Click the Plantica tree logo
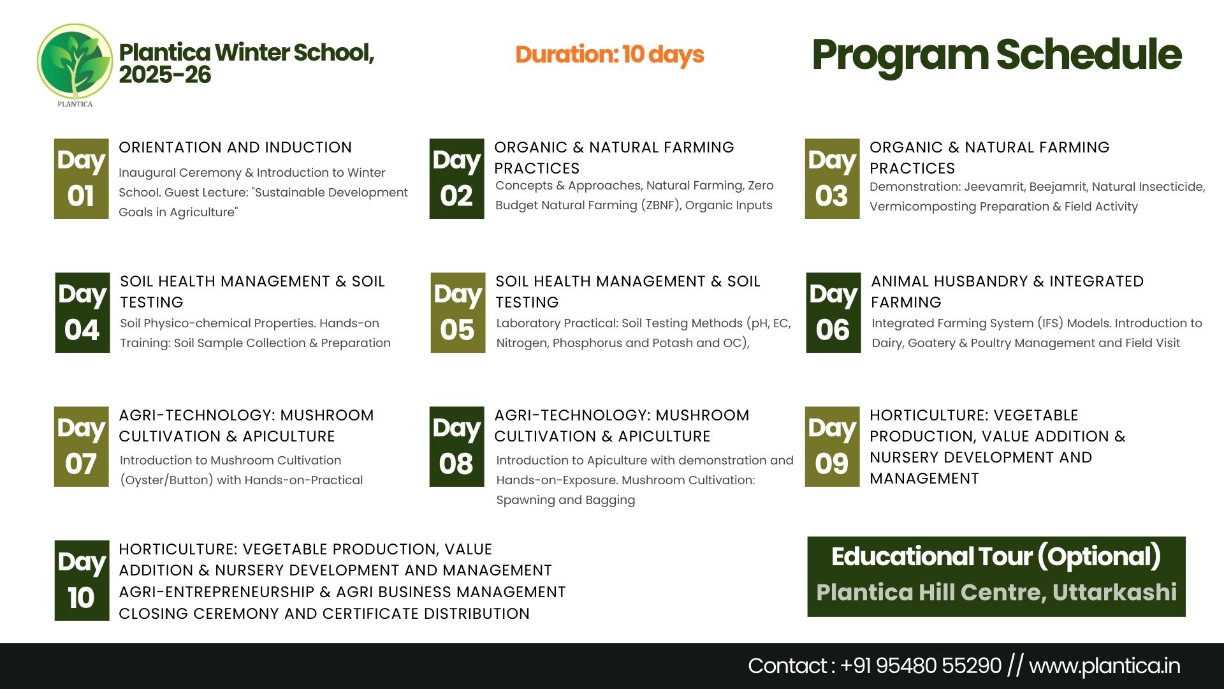[x=75, y=63]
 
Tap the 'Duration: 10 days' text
[x=609, y=55]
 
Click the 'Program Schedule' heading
[x=996, y=55]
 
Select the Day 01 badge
[x=81, y=179]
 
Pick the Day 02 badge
[x=456, y=179]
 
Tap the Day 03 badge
[x=832, y=179]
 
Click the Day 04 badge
[x=82, y=313]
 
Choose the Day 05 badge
[x=458, y=313]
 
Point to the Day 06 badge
[x=833, y=313]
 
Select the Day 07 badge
[x=81, y=447]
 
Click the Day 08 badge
[x=456, y=447]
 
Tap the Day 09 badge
[x=832, y=447]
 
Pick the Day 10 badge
[x=82, y=581]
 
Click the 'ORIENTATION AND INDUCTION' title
[x=235, y=147]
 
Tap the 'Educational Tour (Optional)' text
[x=996, y=557]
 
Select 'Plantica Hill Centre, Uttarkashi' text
[x=996, y=593]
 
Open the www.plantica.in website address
[x=1104, y=666]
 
